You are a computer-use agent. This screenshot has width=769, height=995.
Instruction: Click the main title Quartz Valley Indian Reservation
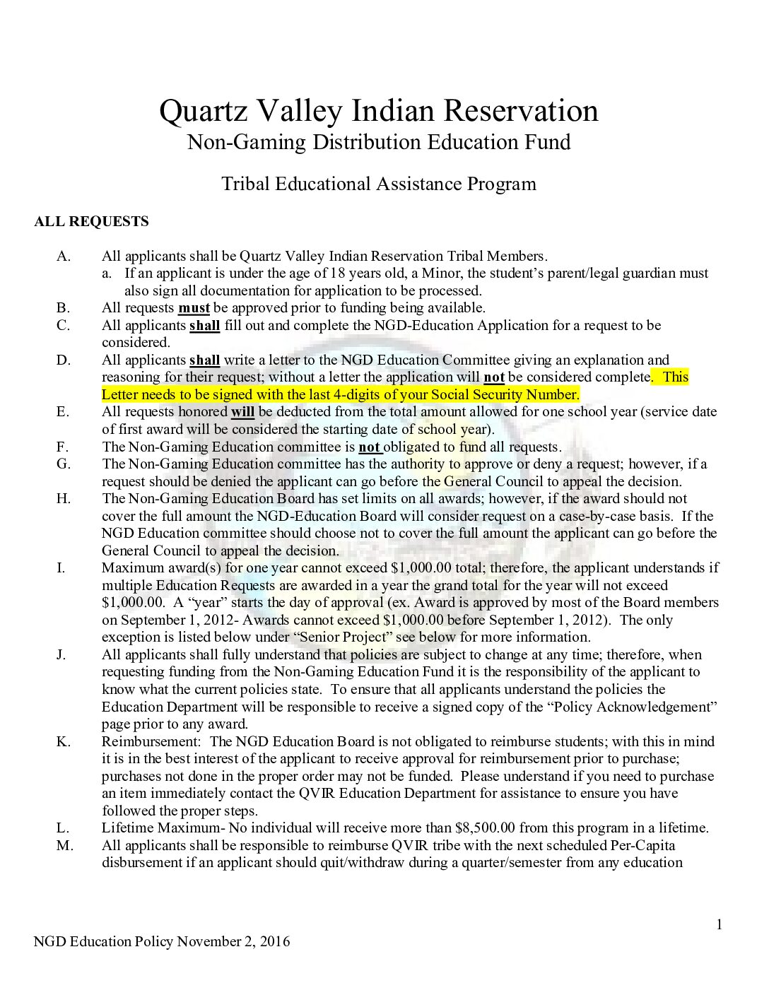click(379, 111)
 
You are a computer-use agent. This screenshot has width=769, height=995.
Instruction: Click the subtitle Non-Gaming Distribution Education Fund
click(379, 142)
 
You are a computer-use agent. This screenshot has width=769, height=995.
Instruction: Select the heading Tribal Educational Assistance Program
click(379, 184)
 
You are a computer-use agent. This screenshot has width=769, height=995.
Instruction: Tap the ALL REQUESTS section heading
click(91, 222)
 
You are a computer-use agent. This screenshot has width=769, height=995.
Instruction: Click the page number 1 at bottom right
click(720, 924)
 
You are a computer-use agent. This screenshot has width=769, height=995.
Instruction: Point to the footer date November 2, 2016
click(233, 941)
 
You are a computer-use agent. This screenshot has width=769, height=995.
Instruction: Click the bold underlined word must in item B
click(194, 308)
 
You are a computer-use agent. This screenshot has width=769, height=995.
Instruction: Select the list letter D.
click(64, 360)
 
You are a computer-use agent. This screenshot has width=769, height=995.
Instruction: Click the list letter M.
click(64, 845)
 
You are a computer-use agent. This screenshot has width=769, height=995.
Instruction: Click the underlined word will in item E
click(242, 412)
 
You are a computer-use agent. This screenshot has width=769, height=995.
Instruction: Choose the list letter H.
click(64, 499)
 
